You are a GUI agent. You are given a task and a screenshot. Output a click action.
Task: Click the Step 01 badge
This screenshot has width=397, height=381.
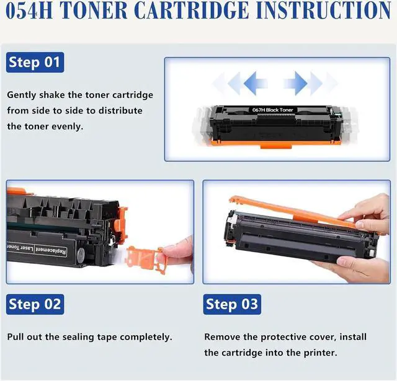(35, 62)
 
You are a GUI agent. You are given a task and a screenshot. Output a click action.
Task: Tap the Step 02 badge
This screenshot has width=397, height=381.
(35, 304)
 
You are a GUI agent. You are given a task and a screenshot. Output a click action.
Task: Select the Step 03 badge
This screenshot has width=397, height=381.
(232, 304)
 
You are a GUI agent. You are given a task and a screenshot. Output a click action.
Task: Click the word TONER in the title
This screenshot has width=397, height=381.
(94, 11)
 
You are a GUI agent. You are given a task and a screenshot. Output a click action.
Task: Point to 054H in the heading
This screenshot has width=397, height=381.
(29, 11)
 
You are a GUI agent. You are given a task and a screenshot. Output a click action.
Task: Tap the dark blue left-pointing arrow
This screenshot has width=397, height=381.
(255, 83)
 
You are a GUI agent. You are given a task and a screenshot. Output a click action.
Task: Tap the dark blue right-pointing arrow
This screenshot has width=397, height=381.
(296, 83)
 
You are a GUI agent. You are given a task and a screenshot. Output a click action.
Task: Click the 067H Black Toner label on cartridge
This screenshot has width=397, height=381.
(272, 110)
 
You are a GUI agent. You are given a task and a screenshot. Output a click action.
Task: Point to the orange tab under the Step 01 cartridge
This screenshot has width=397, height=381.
(276, 146)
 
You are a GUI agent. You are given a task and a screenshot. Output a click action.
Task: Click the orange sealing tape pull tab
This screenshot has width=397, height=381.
(143, 258)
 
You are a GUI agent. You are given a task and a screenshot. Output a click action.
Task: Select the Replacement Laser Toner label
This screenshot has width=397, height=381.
(37, 249)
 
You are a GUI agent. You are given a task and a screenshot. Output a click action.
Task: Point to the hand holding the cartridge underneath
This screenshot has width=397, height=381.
(354, 268)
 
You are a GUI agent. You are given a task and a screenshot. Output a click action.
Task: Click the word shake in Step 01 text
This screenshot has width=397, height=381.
(52, 95)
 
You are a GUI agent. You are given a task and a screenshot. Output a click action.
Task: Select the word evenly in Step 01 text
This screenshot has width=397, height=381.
(68, 126)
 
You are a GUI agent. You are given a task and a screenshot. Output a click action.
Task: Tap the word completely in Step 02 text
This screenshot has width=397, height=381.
(146, 337)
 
